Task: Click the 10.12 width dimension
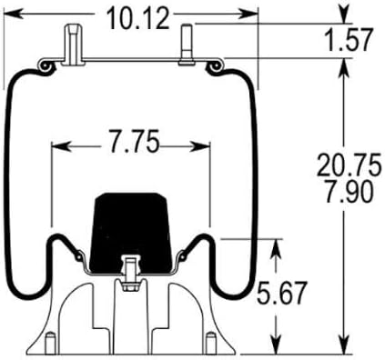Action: point(138,19)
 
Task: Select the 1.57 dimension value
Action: point(348,40)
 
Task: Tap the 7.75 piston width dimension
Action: point(134,141)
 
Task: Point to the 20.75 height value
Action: point(349,165)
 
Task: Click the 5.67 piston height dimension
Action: point(281,293)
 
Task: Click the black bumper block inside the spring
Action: point(130,233)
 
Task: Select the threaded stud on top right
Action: point(187,45)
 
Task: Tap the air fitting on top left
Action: point(73,45)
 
